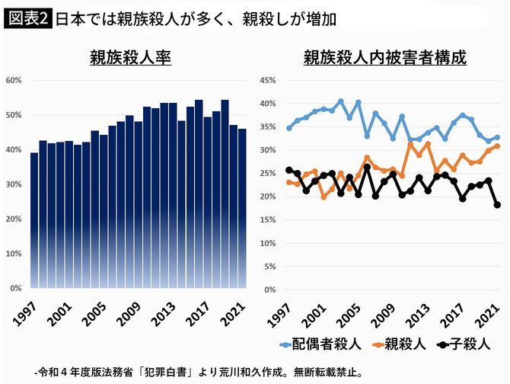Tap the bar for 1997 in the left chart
coord(33,221)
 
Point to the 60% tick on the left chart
coord(14,80)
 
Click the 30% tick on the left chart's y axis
coord(14,184)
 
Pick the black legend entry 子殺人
coord(466,344)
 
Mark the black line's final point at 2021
coord(496,204)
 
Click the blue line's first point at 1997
coord(288,128)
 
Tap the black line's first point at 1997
coord(288,170)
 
